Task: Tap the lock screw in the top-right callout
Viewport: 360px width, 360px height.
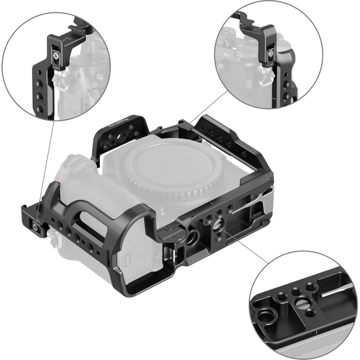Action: point(271,56)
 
